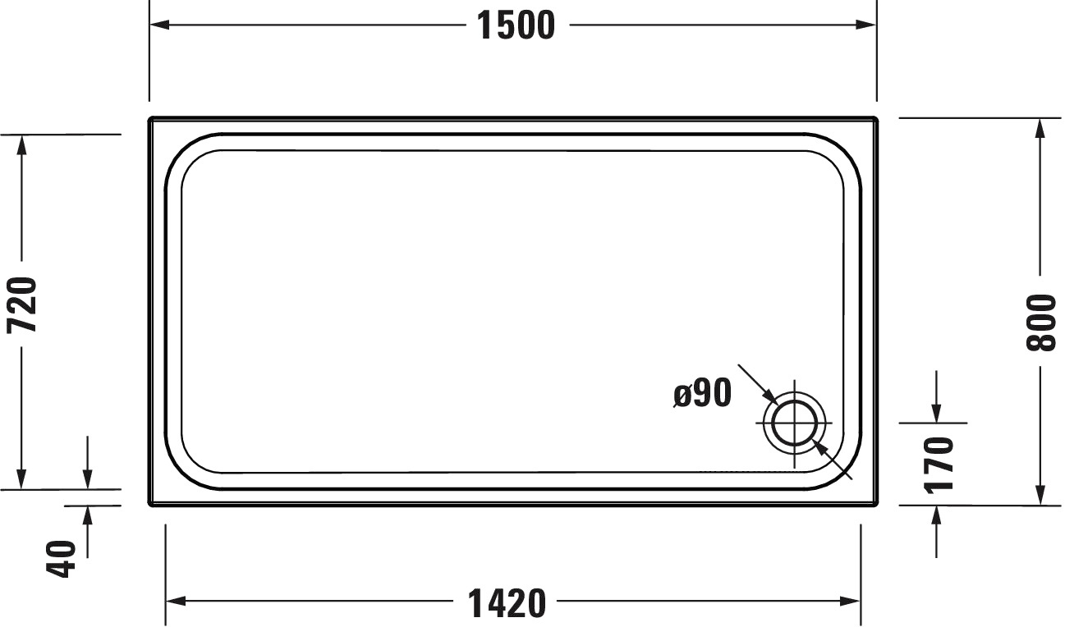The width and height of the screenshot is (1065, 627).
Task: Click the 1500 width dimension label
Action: point(516,25)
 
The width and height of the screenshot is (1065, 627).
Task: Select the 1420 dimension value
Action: point(507,602)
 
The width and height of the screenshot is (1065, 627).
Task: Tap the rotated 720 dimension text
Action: point(22,304)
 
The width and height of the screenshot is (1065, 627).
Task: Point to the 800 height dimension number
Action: point(1040,323)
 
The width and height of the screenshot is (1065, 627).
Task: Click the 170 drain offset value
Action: point(939,465)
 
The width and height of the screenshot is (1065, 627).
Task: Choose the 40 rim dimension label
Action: point(61,559)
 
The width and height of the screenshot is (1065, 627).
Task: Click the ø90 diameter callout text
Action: point(702,393)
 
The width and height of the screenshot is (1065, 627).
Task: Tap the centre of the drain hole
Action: point(795,423)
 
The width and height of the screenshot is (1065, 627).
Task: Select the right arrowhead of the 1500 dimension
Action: point(865,25)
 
